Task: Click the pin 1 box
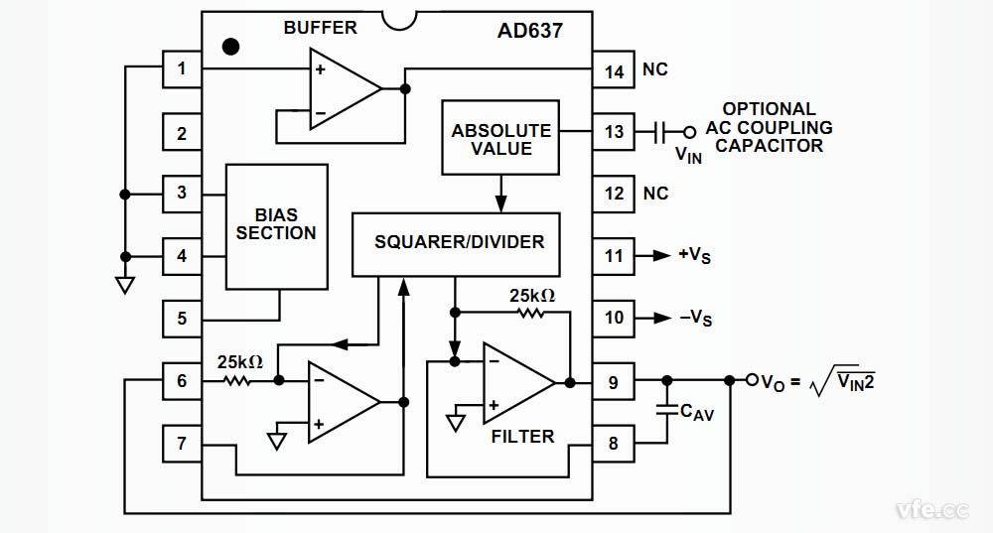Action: [x=182, y=69]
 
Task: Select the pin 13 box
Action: [x=615, y=131]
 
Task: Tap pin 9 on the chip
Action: [x=615, y=380]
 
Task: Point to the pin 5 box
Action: [x=182, y=319]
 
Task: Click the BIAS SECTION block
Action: [x=277, y=225]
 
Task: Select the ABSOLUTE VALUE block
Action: [x=500, y=139]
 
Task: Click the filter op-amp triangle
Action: [x=514, y=382]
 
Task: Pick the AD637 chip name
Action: [x=529, y=30]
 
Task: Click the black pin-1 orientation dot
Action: [x=231, y=46]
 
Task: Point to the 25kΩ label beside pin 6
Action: [x=240, y=362]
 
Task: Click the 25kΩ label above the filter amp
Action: [x=531, y=295]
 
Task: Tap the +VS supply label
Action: [x=695, y=256]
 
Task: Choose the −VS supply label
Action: [x=695, y=319]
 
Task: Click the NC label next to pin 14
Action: [x=655, y=69]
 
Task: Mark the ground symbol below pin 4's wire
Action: [x=124, y=285]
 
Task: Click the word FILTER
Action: [x=522, y=436]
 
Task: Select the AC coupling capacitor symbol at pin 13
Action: [x=662, y=131]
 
